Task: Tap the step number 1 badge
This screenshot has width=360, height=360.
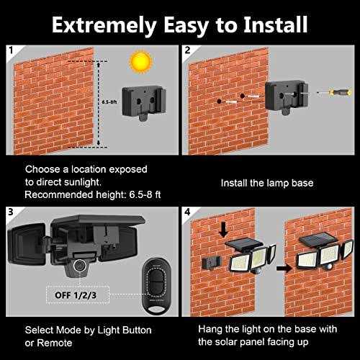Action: point(11,52)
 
